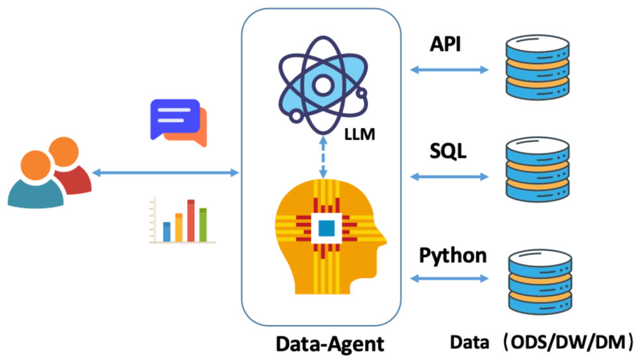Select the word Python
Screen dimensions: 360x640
(453, 255)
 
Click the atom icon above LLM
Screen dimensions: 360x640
(322, 83)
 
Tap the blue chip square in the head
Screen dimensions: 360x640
(326, 228)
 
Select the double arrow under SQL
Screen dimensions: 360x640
(450, 176)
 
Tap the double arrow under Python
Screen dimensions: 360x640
(450, 278)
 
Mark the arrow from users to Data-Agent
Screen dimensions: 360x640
(166, 173)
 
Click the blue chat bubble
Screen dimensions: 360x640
(173, 116)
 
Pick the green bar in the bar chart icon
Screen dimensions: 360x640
(203, 224)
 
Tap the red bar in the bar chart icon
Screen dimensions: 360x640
(191, 220)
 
